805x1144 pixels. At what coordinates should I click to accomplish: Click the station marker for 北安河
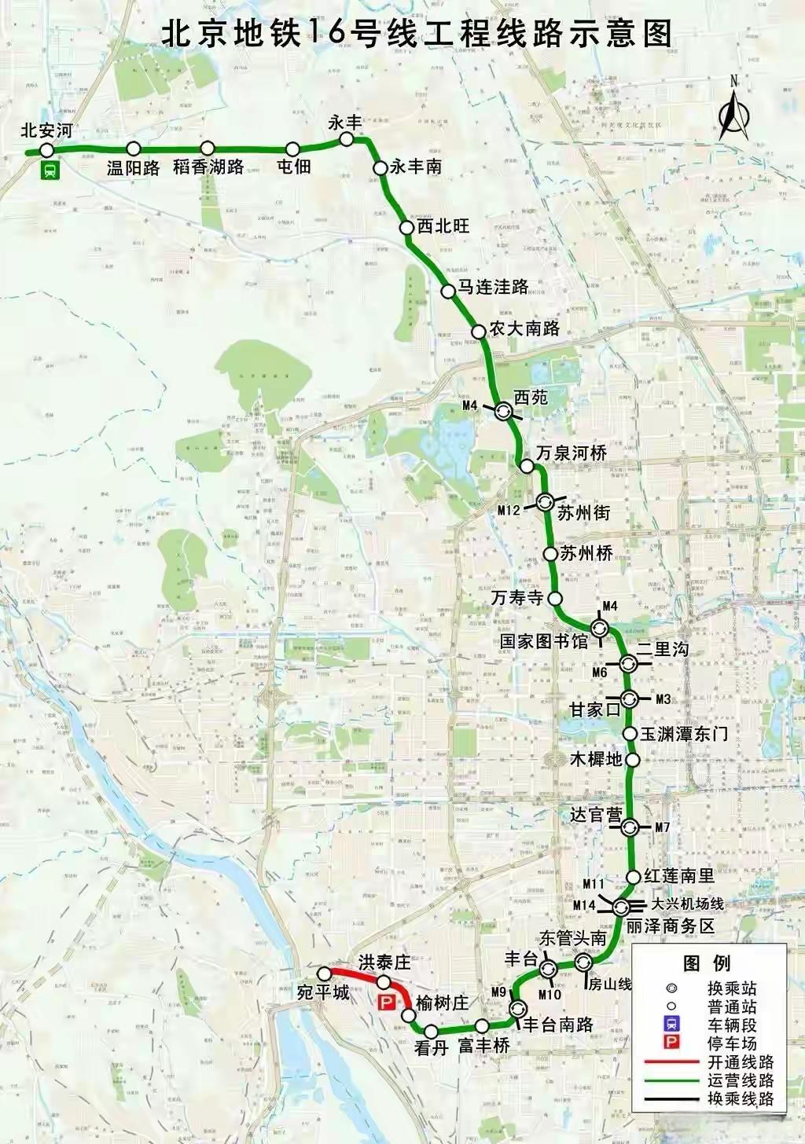(46, 150)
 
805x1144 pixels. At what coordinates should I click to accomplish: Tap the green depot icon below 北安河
(50, 170)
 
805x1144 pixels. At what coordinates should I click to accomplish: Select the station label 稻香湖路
(208, 167)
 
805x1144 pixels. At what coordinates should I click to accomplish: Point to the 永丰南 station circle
(380, 167)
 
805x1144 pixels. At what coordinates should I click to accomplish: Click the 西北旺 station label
(443, 226)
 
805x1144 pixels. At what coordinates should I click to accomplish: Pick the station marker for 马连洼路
(447, 291)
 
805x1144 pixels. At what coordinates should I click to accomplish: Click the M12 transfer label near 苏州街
(509, 510)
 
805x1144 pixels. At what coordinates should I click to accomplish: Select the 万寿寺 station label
(517, 598)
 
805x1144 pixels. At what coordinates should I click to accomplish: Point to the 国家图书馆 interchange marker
(600, 627)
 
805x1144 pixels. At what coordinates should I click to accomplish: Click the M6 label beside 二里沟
(599, 672)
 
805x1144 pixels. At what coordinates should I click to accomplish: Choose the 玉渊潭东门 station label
(684, 734)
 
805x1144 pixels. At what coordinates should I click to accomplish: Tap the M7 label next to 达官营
(662, 827)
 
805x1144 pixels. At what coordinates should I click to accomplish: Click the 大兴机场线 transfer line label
(687, 904)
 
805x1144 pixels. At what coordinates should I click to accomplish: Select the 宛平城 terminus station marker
(323, 973)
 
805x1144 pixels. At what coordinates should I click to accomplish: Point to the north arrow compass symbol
(733, 114)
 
